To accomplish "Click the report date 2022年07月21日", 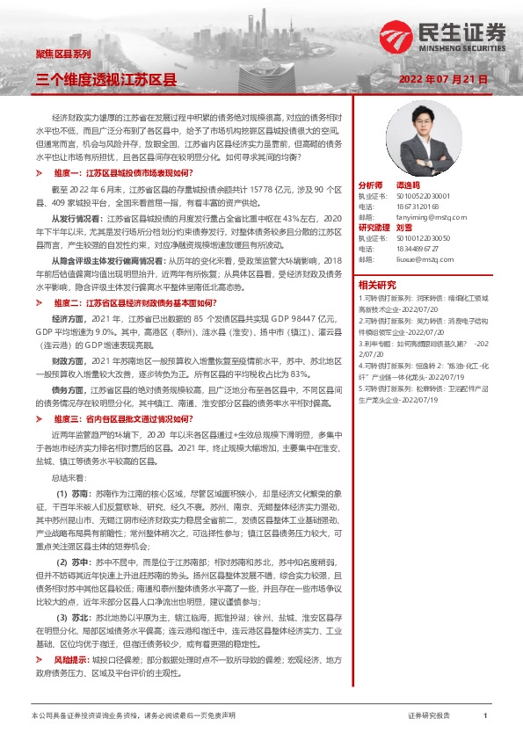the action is pyautogui.click(x=443, y=78).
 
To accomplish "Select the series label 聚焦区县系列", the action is pyautogui.click(x=62, y=54).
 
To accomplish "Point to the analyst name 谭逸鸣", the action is pyautogui.click(x=409, y=186).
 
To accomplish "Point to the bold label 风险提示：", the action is pyautogui.click(x=74, y=658).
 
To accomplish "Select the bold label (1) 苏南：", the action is pyautogui.click(x=76, y=495).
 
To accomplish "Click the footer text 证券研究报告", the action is pyautogui.click(x=429, y=716).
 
